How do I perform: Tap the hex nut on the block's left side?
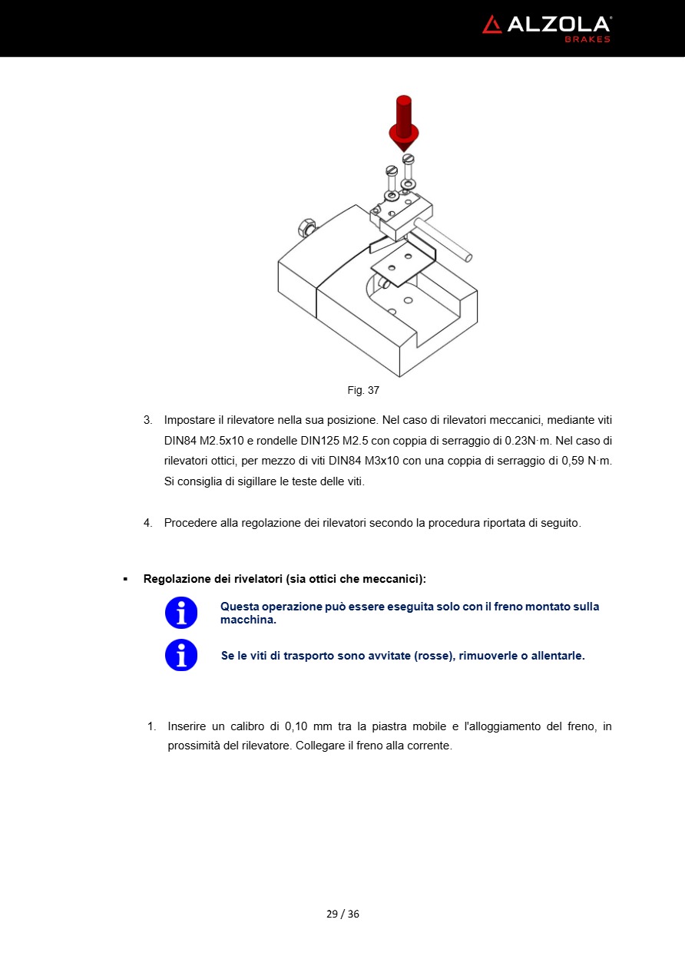306,228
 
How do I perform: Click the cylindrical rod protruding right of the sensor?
445,238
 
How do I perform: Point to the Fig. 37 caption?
363,390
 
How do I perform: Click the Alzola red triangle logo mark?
492,25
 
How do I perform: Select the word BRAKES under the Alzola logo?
587,39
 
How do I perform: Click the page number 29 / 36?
342,914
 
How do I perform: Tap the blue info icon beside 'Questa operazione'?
181,613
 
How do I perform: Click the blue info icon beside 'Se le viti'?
181,655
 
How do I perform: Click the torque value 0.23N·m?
522,441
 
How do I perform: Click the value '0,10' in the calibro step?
298,726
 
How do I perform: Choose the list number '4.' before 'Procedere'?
148,523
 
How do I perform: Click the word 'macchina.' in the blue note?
248,620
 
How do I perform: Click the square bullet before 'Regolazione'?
125,578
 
